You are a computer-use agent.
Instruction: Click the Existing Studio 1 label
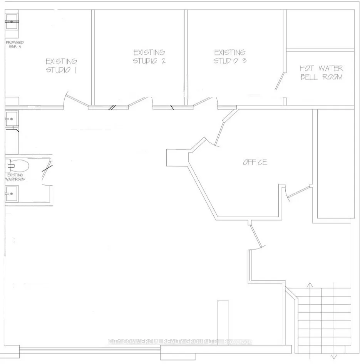tap(61, 65)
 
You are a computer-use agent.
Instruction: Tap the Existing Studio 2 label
tap(149, 56)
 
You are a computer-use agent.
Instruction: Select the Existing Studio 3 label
tap(230, 56)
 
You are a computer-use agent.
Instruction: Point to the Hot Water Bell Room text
tap(321, 72)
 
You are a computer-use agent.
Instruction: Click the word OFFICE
tap(255, 162)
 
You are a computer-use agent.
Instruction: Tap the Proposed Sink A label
tap(15, 44)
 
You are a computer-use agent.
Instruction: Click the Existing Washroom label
tap(14, 177)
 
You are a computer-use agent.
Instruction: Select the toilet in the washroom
tap(18, 166)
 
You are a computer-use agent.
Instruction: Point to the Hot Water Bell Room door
tap(280, 80)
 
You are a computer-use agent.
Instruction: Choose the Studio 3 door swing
tap(203, 101)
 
